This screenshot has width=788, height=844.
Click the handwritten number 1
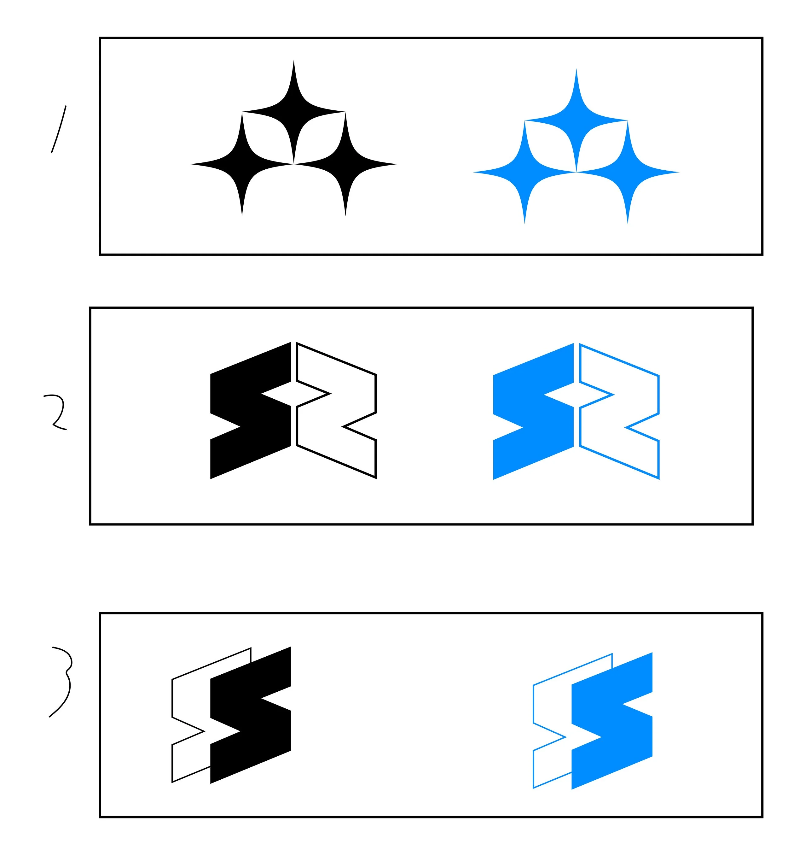click(x=59, y=129)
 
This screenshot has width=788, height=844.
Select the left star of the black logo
click(x=242, y=164)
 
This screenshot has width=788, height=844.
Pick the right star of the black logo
click(x=345, y=164)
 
